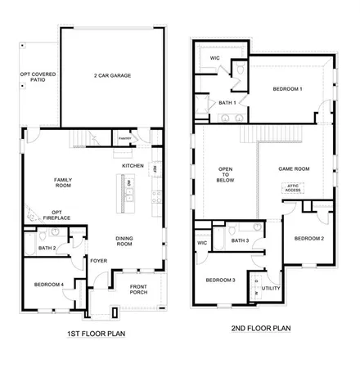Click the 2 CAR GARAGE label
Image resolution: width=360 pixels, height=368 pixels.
coord(112,76)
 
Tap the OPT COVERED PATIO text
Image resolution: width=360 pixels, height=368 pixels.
coord(34,78)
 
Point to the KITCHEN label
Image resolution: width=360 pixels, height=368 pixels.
coord(133,166)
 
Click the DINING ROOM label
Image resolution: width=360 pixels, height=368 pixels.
coord(125,242)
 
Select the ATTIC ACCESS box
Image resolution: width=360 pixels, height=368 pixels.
coord(293,187)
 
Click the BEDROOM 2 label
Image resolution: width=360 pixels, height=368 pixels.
coord(309,238)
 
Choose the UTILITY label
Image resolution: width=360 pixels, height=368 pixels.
coord(271,288)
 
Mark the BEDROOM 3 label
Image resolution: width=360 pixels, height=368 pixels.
coord(220,280)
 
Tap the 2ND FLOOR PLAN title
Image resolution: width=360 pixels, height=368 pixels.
coord(259,330)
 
